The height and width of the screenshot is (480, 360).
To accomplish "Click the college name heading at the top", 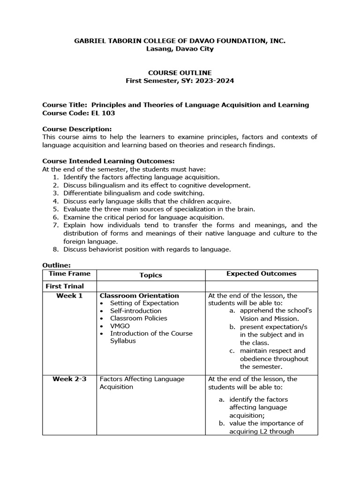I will [180, 41].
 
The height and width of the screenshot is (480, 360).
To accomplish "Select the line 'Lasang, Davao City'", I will [180, 49].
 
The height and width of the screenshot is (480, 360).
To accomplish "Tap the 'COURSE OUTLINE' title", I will [180, 73].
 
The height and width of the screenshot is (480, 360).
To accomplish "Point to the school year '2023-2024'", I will [215, 81].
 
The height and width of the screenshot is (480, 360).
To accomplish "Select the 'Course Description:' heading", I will [77, 129].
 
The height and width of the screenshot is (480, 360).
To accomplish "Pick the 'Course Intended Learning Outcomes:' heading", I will [102, 161].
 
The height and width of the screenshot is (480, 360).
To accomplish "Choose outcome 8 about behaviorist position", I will [147, 250].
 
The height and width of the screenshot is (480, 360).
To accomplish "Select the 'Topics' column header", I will [150, 276].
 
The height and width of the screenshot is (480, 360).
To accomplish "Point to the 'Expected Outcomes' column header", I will [261, 274].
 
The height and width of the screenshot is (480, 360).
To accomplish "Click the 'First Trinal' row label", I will [65, 286].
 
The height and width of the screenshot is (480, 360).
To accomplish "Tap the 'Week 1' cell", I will [69, 296].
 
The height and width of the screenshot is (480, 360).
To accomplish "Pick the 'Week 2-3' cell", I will [69, 379].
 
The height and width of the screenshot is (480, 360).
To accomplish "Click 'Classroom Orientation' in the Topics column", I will [139, 296].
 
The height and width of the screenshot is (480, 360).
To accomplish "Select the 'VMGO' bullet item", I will [120, 326].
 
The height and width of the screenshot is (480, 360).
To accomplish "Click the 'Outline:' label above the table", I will [56, 265].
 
